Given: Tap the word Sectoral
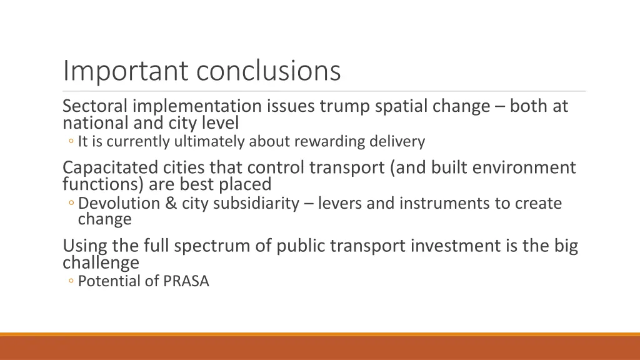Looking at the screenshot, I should (95, 107).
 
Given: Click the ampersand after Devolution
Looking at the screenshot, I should (172, 204).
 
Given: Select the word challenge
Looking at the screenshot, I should (101, 262).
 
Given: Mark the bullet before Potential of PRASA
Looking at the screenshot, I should (72, 282).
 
